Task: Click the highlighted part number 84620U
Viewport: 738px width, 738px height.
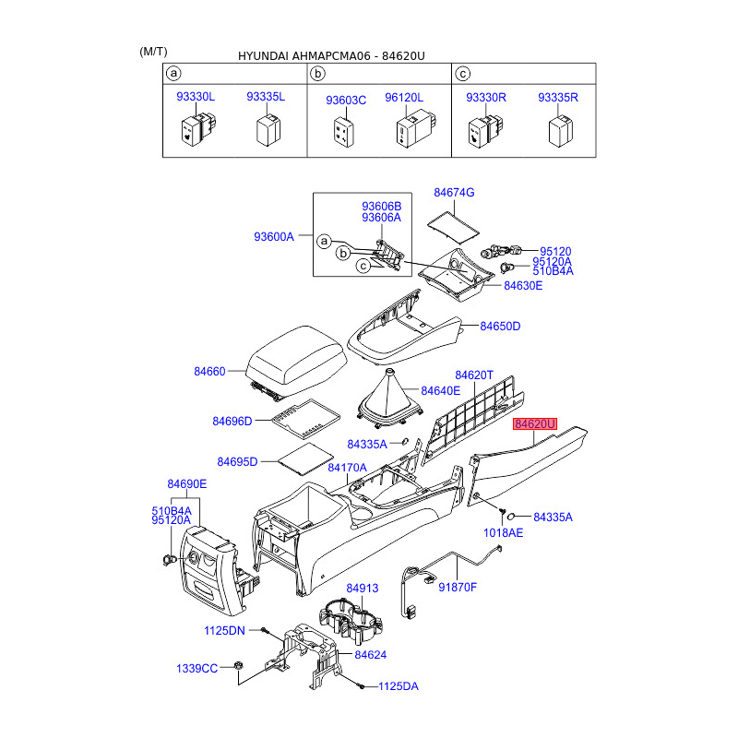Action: pos(536,424)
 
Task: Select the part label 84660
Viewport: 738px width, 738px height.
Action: pos(209,372)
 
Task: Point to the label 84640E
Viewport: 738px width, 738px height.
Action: pos(441,390)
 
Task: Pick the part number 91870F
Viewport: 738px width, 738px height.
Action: pos(458,587)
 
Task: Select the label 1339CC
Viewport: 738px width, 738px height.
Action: pos(197,668)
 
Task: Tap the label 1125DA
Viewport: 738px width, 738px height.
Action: pos(399,686)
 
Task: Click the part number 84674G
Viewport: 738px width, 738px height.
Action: pos(454,192)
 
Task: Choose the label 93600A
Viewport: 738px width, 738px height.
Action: pos(273,237)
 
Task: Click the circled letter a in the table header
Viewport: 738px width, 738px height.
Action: pos(173,73)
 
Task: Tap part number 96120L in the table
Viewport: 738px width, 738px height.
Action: pos(404,97)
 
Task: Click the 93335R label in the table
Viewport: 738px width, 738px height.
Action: pos(558,97)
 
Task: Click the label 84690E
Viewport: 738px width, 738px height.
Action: pos(187,484)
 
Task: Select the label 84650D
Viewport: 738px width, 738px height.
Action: pos(501,327)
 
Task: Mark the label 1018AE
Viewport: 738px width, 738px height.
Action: pos(503,533)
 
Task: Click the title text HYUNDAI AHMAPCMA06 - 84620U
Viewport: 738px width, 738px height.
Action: pos(331,55)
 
